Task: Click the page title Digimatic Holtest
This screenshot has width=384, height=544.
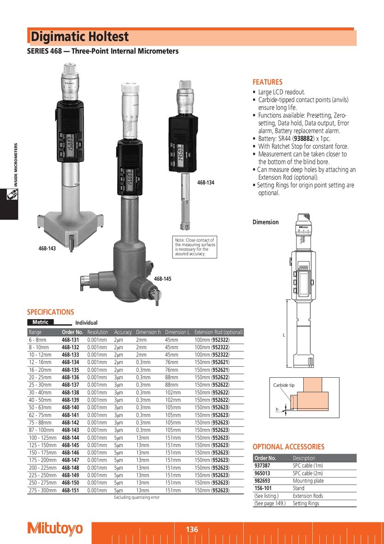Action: tap(80, 37)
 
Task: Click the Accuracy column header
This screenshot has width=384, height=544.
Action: tap(123, 332)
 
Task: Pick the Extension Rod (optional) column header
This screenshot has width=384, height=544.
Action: tap(219, 332)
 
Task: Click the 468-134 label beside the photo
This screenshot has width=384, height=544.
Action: tap(206, 183)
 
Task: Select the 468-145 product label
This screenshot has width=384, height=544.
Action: tap(162, 279)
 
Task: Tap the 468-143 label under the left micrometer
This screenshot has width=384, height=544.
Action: tap(47, 248)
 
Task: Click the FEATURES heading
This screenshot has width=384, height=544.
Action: tap(267, 82)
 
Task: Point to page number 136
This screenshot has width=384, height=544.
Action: tap(192, 530)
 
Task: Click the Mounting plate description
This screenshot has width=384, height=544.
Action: tap(308, 481)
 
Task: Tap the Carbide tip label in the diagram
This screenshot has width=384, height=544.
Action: tap(284, 385)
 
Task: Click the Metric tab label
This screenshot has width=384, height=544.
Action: tap(40, 322)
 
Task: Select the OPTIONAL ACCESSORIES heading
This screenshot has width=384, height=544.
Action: tap(288, 447)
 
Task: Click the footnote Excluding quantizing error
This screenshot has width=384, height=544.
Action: tap(136, 497)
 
